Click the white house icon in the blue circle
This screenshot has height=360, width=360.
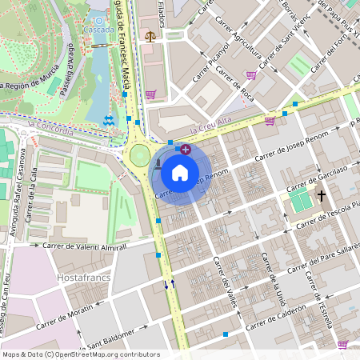coord(180,171)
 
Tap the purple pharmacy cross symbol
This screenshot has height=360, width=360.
coord(186,149)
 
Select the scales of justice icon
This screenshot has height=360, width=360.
coord(150,36)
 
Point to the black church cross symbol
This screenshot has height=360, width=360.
coord(322,195)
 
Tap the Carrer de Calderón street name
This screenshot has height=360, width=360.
coord(276,318)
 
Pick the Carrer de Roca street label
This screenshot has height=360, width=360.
coord(234,86)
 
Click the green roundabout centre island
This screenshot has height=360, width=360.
coord(141,154)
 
